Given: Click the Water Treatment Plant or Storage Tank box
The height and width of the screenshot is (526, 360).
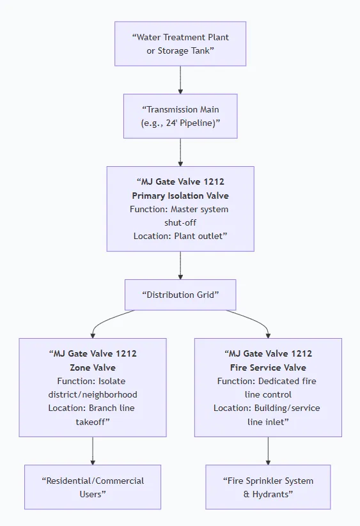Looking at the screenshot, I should click(x=180, y=44).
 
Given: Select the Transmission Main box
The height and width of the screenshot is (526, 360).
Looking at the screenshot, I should click(x=180, y=116).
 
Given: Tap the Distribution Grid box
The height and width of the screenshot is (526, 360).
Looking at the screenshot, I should click(x=180, y=295).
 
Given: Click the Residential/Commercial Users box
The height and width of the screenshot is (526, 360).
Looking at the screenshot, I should click(x=93, y=487).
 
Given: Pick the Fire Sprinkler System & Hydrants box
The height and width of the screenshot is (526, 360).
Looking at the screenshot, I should click(x=268, y=487).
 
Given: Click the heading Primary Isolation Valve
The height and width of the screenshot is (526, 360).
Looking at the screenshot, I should click(x=180, y=196).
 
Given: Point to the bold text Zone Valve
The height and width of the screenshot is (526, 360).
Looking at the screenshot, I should click(x=93, y=367).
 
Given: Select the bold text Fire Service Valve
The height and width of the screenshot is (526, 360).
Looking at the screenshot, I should click(x=268, y=367).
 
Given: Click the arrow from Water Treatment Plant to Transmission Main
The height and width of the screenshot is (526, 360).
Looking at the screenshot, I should click(x=180, y=80).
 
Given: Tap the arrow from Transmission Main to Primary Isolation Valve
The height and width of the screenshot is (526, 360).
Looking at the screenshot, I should click(x=180, y=152).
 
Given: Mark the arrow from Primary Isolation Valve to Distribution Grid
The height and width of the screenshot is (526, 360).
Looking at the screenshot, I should click(x=180, y=265).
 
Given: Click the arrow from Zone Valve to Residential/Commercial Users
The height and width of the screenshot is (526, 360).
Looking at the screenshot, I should click(x=93, y=451).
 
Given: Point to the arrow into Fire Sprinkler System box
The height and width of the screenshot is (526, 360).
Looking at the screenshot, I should click(x=268, y=451).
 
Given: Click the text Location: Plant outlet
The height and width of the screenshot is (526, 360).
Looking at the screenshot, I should click(x=180, y=236).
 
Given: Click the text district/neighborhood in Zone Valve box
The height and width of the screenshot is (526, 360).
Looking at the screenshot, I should click(x=93, y=394).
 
